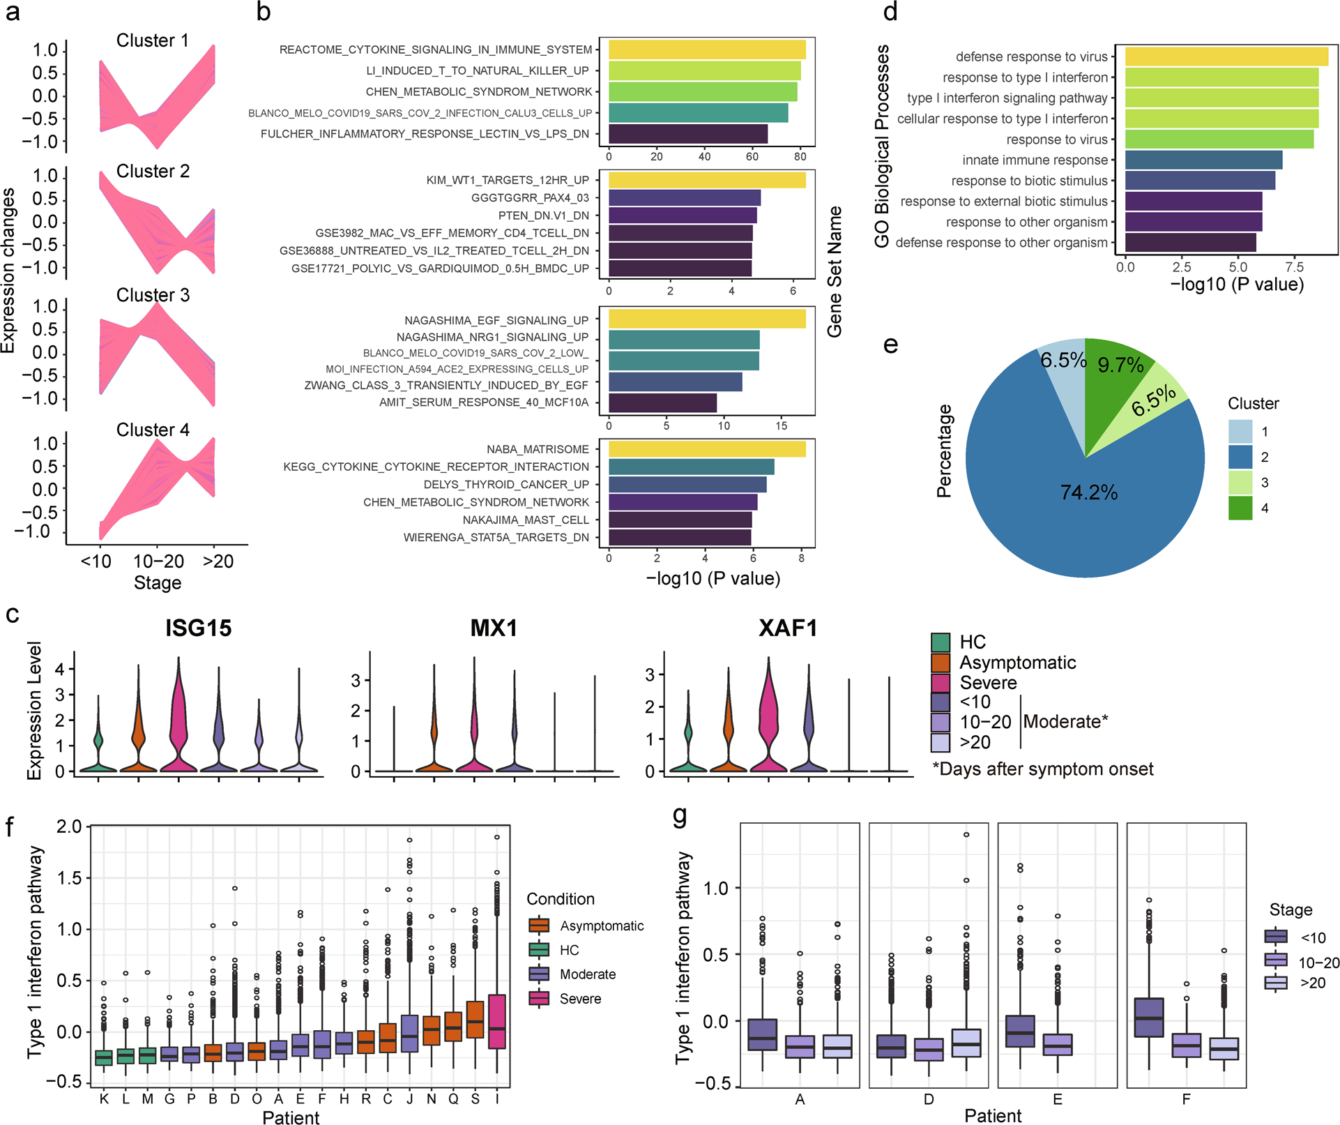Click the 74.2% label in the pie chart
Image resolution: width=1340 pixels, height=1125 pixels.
(x=1088, y=492)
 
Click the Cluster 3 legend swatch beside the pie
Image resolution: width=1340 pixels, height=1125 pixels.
(x=1240, y=483)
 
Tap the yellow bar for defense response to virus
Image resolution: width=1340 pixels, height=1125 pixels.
(x=1226, y=56)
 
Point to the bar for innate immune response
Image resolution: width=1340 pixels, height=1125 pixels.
(x=1203, y=160)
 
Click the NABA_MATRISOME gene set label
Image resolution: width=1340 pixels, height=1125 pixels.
(x=538, y=449)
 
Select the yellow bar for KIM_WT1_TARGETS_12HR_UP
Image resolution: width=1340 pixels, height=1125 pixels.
(x=706, y=180)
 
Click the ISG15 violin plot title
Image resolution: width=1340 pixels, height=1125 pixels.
(x=198, y=628)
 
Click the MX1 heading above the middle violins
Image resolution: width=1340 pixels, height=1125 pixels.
(x=494, y=628)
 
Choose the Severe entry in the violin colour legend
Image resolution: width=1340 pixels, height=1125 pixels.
(x=987, y=682)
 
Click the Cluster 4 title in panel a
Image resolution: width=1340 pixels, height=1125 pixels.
(x=153, y=430)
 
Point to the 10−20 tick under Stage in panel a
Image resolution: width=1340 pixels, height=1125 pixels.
(x=158, y=561)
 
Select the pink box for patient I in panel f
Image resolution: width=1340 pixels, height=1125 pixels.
(x=497, y=1021)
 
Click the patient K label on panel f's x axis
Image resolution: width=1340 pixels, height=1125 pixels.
(x=104, y=1098)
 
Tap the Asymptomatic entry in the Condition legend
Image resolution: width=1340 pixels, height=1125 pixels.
(x=601, y=926)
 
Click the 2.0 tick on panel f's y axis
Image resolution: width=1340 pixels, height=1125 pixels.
(x=69, y=826)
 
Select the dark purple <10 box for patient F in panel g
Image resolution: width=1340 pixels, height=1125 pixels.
(x=1149, y=1017)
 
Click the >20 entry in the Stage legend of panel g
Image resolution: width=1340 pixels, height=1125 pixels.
(x=1312, y=983)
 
